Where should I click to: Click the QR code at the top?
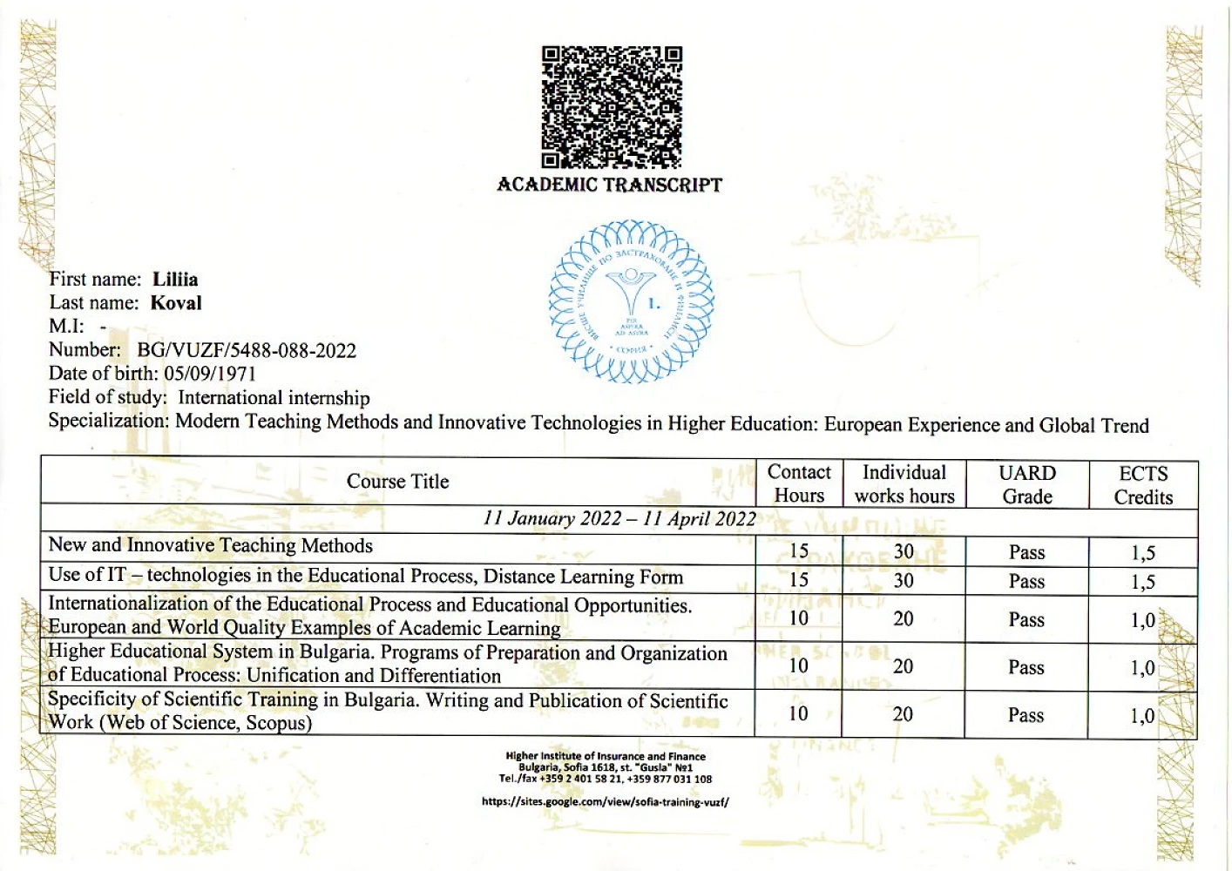point(611,106)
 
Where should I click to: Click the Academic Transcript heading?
point(609,185)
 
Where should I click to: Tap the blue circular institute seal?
point(631,302)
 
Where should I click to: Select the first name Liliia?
point(175,280)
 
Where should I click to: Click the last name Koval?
point(176,303)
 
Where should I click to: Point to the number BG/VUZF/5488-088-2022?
point(247,350)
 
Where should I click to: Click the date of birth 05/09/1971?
point(210,374)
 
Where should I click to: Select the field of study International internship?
point(274,398)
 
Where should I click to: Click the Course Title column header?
point(397,482)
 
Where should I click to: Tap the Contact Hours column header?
point(799,483)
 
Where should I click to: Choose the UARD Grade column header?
point(1027,484)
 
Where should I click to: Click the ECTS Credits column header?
point(1143,485)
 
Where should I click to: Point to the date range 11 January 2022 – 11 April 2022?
point(619,519)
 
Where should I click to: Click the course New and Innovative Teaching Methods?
point(211,545)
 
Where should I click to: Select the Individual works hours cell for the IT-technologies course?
point(904,581)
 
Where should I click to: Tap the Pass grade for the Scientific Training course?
point(1026,716)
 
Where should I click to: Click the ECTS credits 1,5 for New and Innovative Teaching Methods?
point(1143,553)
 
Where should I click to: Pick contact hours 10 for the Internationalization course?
point(799,618)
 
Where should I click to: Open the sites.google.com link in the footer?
point(605,802)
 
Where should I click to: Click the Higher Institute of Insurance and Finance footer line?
point(606,756)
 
